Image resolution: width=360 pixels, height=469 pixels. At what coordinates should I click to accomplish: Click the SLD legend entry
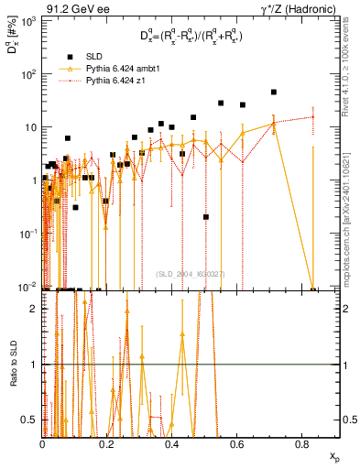click(89, 57)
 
